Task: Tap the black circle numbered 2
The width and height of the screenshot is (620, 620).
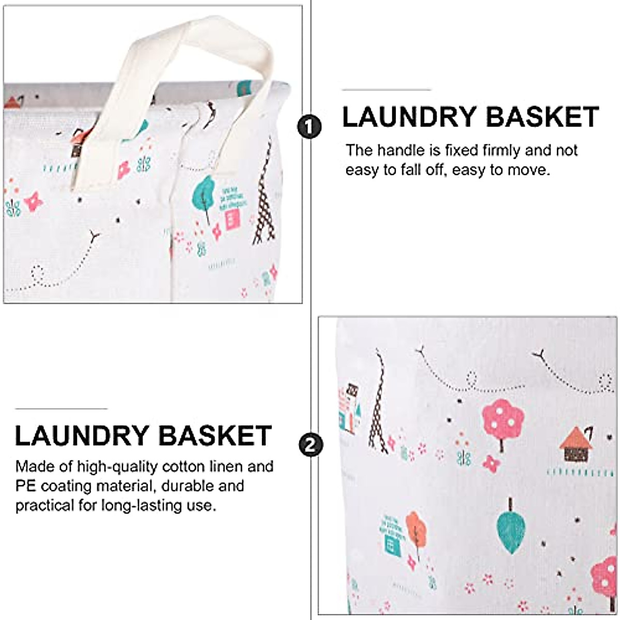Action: pos(311,445)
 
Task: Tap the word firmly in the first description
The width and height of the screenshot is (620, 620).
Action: pos(501,150)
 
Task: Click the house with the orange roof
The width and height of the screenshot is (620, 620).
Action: pos(576,444)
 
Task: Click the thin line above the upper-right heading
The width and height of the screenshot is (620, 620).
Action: pos(386,90)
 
